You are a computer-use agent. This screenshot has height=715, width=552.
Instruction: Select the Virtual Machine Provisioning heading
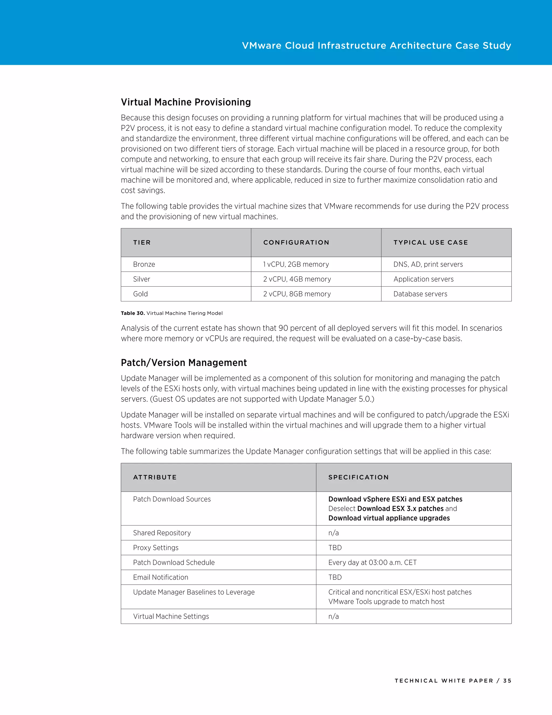point(186,102)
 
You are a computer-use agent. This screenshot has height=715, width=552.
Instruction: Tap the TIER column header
point(142,243)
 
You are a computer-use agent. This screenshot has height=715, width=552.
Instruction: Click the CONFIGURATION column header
point(296,243)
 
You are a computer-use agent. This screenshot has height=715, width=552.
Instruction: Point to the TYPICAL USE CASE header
point(431,243)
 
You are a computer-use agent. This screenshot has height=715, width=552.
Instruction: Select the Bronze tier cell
point(144,264)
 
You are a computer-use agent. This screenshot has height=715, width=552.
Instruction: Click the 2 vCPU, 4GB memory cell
point(297,279)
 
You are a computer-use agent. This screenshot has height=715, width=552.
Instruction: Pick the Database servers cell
point(420,294)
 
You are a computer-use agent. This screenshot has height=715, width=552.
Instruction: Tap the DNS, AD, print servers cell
point(428,264)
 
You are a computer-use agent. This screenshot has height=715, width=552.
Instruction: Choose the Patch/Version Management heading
point(184,363)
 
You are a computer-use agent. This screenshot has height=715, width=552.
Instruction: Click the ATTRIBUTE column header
point(155,477)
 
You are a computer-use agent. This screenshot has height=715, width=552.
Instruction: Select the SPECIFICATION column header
point(359,477)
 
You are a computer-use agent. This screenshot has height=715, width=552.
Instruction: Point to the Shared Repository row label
point(162,533)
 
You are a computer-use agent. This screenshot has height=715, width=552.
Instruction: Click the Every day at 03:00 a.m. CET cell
point(372,563)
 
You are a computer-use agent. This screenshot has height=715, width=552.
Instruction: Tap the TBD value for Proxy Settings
point(335,548)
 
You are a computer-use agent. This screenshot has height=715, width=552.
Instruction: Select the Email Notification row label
point(161,577)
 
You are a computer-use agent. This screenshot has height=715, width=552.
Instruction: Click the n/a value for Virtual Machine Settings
point(334,617)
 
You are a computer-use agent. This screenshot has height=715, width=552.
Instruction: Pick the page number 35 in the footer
point(507,681)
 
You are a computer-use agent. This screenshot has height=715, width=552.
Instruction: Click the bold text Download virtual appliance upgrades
point(389,518)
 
